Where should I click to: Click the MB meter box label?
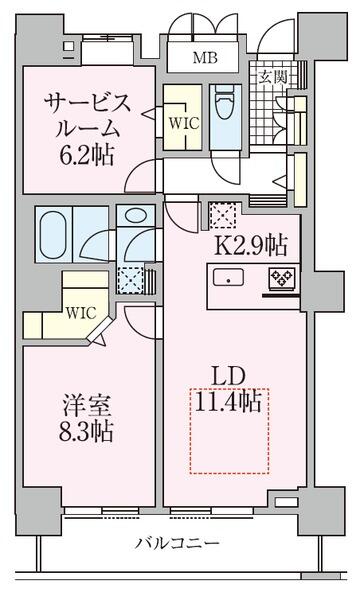pos(205,58)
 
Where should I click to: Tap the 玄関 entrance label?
pos(272,78)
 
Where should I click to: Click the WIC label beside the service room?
pos(184,123)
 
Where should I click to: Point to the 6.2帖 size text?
pos(86,155)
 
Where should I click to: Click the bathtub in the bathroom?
pos(53,234)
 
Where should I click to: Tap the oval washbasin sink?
pos(135,216)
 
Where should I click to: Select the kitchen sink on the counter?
pos(228,277)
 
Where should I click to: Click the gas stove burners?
pos(282,277)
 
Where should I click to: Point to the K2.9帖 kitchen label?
pos(251,246)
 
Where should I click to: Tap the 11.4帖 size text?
pos(228,401)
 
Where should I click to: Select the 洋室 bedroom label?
pos(87,406)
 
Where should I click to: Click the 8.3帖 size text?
pos(86,432)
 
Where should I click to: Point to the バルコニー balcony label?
pos(179,543)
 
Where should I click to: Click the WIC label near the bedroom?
pos(80,313)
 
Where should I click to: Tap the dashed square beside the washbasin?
pos(130,280)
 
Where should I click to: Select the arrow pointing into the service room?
pos(148,114)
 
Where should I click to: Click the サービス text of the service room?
pos(87,103)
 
